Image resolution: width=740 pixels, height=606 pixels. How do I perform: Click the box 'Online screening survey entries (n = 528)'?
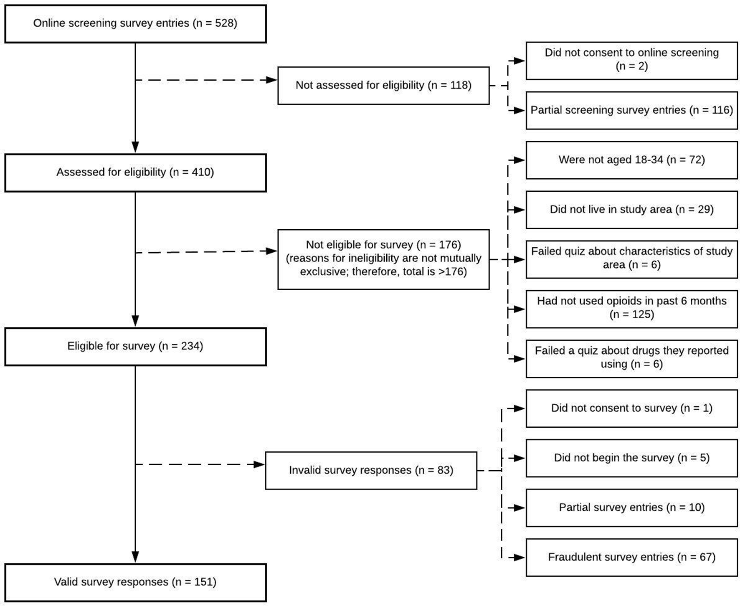click(x=136, y=24)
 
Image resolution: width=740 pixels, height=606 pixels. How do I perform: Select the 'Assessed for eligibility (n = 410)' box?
click(x=136, y=173)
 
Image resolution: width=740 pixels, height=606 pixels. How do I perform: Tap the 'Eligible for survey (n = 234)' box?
click(x=136, y=347)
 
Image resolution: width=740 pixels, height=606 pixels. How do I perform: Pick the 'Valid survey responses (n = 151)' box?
click(x=136, y=583)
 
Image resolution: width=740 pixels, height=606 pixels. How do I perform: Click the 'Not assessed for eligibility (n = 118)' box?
click(x=383, y=86)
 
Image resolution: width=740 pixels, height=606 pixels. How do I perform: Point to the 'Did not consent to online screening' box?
click(x=632, y=61)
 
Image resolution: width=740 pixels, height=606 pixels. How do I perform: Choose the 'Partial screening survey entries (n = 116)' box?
click(x=632, y=110)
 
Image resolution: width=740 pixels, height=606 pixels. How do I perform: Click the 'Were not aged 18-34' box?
click(x=632, y=160)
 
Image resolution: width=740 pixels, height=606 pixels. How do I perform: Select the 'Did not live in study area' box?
click(x=632, y=210)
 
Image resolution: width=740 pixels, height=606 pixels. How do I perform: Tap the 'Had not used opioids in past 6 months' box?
click(x=632, y=309)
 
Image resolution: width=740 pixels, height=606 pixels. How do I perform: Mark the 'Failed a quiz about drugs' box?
click(x=632, y=359)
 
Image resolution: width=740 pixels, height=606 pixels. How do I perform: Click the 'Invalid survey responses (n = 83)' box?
click(x=371, y=470)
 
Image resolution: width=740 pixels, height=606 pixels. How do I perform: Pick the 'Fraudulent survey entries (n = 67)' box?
click(x=632, y=558)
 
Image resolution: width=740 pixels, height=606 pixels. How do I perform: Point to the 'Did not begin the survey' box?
click(x=632, y=458)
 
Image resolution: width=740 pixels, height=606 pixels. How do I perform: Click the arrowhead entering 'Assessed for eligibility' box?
click(x=135, y=147)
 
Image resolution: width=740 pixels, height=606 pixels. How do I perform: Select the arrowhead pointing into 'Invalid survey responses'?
click(x=259, y=464)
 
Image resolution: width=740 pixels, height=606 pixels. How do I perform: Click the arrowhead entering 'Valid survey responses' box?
click(x=135, y=557)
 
